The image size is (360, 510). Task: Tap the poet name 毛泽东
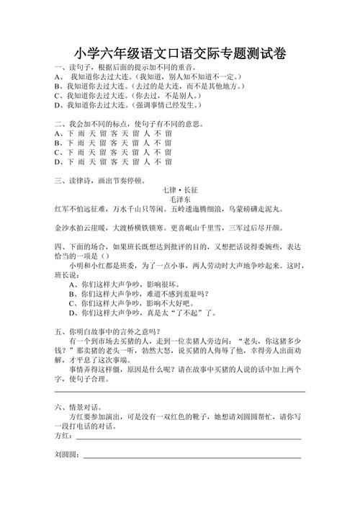[x=179, y=198]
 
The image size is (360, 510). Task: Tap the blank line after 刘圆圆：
[x=192, y=456]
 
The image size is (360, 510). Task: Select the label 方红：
[x=63, y=436]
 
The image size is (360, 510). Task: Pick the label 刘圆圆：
[x=68, y=455]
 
